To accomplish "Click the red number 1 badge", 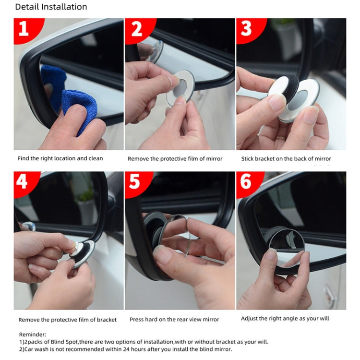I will pos(24,29).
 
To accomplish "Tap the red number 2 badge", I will pos(137,29).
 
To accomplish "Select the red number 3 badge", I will pos(247,29).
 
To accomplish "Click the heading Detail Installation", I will pos(51,7).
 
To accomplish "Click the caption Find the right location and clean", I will pos(60,158).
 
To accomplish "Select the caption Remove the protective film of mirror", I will pos(175,159).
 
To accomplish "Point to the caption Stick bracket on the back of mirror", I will pos(286,159).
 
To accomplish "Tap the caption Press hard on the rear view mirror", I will pos(174,320).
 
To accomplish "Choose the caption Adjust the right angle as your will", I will pos(285,318).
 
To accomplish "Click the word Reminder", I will pos(32,334).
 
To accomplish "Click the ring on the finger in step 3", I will pos(280,138).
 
